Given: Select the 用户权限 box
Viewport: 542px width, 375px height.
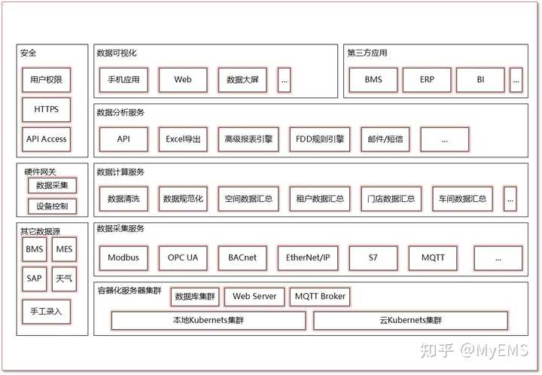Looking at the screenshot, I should tap(46, 79).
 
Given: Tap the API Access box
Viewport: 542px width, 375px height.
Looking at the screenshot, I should tap(46, 139).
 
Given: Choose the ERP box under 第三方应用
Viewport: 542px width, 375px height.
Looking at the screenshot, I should tap(426, 79).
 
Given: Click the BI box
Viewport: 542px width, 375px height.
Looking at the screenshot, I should tap(480, 79).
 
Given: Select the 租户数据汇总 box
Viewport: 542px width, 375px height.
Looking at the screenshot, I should tap(320, 200).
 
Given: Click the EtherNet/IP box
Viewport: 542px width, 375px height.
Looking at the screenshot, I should tap(306, 258).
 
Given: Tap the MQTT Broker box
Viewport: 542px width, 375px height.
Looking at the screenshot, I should tap(320, 297).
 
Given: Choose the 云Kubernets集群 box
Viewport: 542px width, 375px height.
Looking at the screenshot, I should tap(410, 321).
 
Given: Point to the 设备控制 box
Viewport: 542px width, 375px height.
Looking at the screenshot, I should tap(52, 206).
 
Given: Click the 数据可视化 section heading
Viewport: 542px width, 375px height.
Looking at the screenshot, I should tap(117, 53).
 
